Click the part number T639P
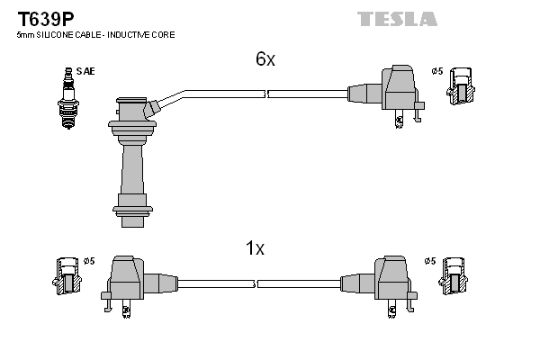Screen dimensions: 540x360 46,19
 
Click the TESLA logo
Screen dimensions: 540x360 397,19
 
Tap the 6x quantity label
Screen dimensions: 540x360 265,58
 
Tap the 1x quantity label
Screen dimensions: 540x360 255,248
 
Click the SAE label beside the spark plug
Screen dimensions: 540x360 85,71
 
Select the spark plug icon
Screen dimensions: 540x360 68,98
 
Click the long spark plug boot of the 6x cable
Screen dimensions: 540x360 132,162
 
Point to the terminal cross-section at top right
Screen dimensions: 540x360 461,86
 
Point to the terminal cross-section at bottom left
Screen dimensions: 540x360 67,276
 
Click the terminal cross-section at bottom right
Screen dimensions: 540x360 454,276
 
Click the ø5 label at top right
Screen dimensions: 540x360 437,71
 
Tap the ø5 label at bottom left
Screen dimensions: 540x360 89,261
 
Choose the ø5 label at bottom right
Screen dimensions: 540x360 430,261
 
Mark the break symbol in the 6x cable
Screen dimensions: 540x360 266,94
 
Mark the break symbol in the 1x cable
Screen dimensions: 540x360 256,284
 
